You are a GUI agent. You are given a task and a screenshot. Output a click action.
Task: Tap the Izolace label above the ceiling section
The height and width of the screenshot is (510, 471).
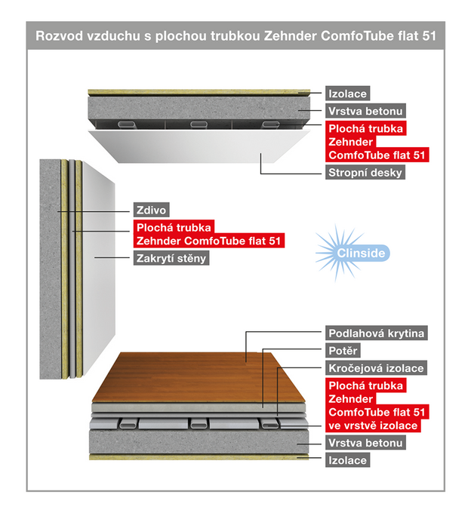pos(348,94)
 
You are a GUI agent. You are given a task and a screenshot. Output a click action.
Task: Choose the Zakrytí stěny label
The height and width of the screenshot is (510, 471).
pos(171,258)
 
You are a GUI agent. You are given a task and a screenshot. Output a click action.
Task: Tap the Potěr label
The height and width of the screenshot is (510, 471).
pos(344,351)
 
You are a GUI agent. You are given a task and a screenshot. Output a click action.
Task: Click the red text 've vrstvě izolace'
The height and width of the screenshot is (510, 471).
pos(373,426)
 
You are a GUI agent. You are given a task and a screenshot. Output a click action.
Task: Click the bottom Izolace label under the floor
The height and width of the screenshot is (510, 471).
pos(348,459)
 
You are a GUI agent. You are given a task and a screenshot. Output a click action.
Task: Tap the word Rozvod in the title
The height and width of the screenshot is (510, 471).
pos(60,35)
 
